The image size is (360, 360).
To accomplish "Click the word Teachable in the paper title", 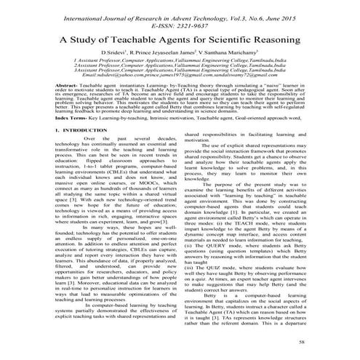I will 127,39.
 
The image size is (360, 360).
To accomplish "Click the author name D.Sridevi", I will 116,55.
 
